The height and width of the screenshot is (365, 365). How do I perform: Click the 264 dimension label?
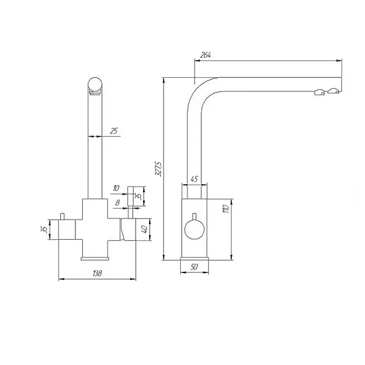click(x=206, y=55)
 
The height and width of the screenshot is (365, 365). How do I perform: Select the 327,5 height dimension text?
click(x=159, y=169)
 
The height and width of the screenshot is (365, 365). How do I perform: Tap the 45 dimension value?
click(x=194, y=179)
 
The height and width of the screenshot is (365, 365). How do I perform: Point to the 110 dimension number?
click(x=226, y=209)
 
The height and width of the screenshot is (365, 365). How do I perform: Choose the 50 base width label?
click(x=194, y=267)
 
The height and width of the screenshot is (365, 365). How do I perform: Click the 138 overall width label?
click(x=97, y=273)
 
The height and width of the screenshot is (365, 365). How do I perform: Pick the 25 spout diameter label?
click(x=114, y=131)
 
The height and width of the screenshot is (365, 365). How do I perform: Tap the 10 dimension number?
click(x=116, y=188)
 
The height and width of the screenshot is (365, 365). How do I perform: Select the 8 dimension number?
click(x=117, y=203)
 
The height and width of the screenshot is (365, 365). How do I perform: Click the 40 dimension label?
click(x=144, y=229)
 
